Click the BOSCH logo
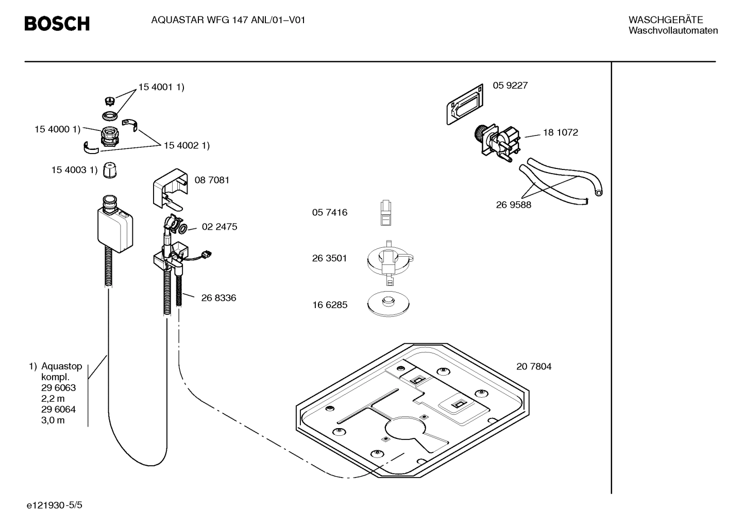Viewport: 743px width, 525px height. click(57, 23)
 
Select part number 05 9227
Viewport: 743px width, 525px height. click(510, 86)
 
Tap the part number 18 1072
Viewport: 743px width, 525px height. click(560, 132)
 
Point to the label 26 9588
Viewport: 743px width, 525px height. click(513, 205)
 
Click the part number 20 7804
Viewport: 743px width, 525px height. click(533, 366)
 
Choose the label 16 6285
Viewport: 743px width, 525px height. click(329, 304)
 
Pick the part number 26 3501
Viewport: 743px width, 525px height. click(329, 258)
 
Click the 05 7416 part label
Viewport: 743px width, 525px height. click(329, 212)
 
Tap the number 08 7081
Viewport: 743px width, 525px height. click(212, 180)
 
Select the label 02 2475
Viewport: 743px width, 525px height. click(219, 227)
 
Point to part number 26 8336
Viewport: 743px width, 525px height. click(218, 298)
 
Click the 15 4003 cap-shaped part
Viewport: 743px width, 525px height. click(110, 170)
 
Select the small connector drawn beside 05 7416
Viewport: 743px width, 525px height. click(386, 213)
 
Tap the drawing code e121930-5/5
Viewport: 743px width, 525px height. click(54, 505)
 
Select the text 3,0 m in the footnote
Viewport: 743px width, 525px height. click(53, 420)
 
